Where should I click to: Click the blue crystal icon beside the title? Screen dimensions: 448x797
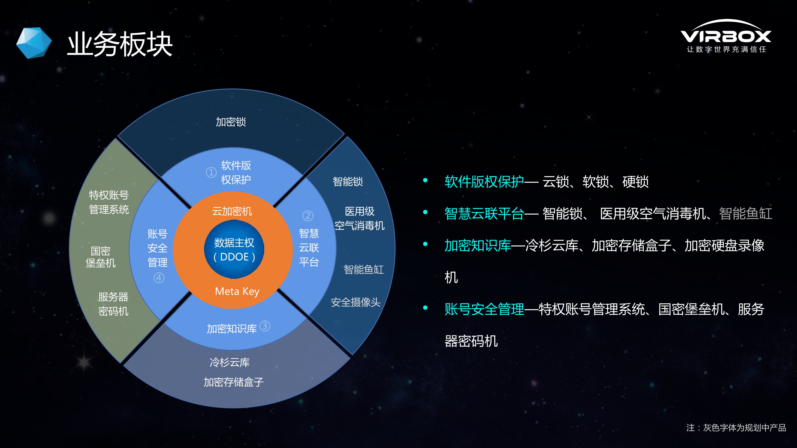coord(34,43)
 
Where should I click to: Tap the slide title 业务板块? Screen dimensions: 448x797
coord(120,44)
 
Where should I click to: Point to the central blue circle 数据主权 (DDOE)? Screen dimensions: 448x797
coord(234,249)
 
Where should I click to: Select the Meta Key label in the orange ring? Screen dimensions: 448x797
coord(237,291)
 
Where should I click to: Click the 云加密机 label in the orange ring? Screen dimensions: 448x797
coord(232,211)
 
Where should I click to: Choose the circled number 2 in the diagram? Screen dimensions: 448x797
coord(307,216)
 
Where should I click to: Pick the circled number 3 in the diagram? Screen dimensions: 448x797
coord(265,326)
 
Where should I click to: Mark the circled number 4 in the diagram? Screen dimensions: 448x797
coord(159,278)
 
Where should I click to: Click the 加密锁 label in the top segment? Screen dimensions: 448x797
coord(231,122)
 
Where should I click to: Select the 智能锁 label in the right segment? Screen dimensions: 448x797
coord(348,181)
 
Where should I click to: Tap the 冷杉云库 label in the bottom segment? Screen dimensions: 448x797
coord(230,362)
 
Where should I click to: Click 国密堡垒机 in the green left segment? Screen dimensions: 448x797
coord(101,257)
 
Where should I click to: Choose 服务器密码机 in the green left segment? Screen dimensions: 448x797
coord(113,304)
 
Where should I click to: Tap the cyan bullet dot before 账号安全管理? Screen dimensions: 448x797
coord(425,308)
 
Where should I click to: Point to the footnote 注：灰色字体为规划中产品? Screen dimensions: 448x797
coord(736,428)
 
